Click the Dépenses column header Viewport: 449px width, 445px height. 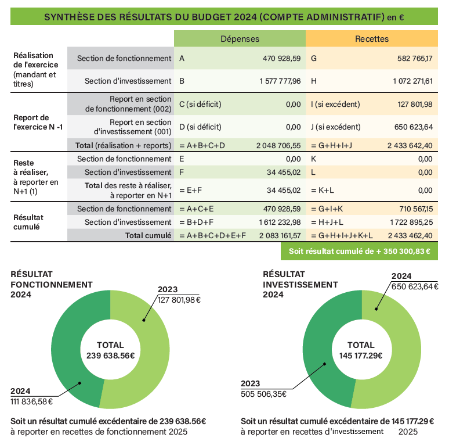tap(240, 39)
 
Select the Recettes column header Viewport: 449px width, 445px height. tap(372, 39)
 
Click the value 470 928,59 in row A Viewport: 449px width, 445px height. tap(281, 59)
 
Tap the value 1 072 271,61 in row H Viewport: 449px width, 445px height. tap(412, 81)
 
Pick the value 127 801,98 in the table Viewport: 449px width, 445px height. tap(415, 104)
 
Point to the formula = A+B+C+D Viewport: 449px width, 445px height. tap(202, 146)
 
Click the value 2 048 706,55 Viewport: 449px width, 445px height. tap(278, 146)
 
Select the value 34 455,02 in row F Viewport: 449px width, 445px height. tap(284, 173)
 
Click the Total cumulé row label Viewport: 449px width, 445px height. tap(148, 236)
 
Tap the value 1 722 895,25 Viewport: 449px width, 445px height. tap(411, 222)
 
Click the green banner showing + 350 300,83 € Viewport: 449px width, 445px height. tap(359, 251)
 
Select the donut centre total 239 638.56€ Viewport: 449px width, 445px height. tap(111, 356)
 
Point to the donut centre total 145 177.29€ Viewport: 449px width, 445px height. tap(361, 356)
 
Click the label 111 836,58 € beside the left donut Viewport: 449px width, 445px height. tap(31, 401)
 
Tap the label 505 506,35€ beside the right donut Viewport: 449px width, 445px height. tap(263, 394)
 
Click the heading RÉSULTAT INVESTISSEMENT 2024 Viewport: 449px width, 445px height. tap(300, 285)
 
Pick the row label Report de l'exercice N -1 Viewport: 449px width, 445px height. tap(38, 122)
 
